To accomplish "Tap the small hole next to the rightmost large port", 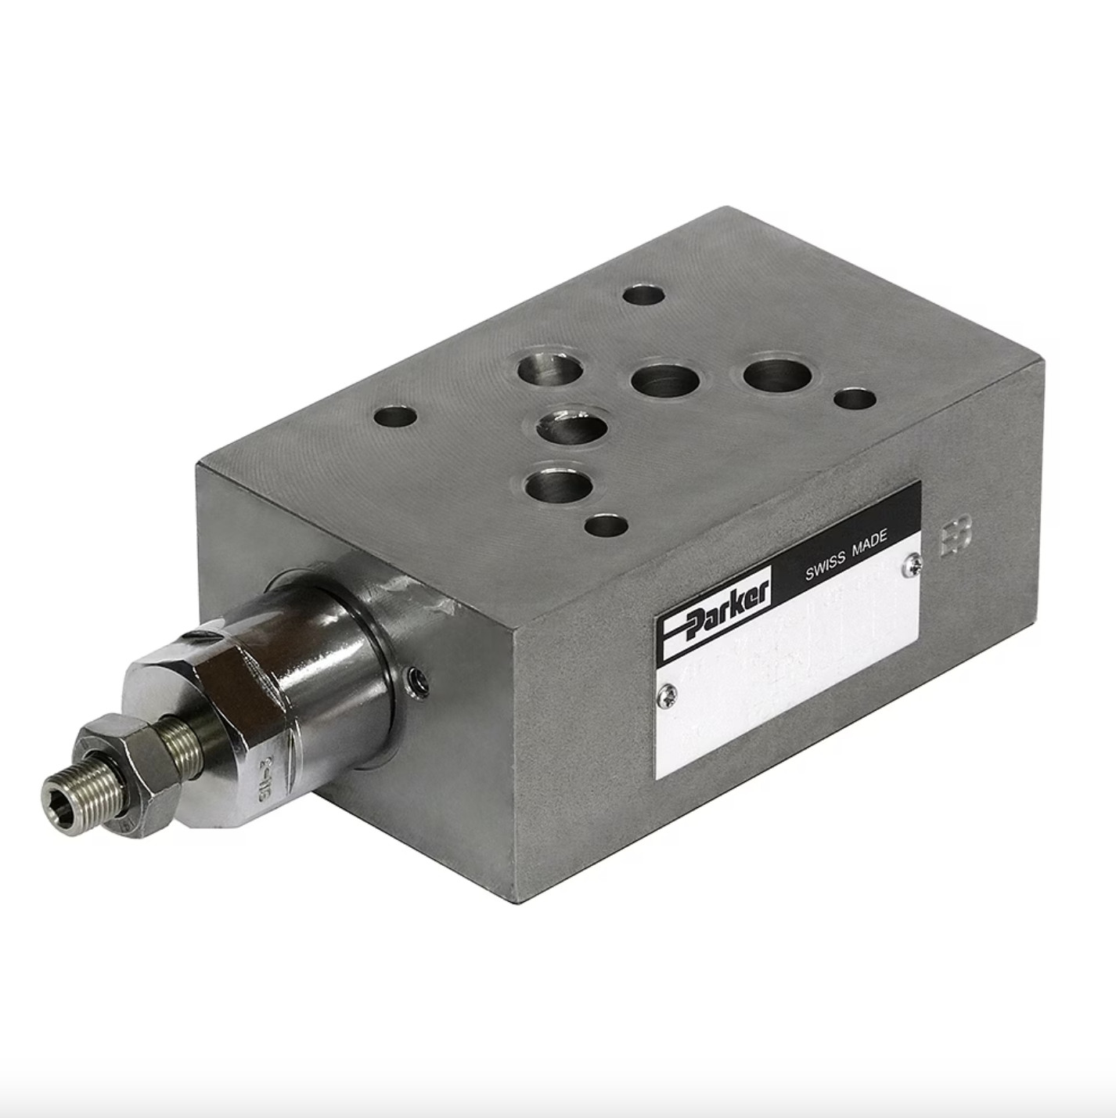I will click(x=855, y=399).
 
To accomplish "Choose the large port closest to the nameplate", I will click(x=557, y=485).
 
